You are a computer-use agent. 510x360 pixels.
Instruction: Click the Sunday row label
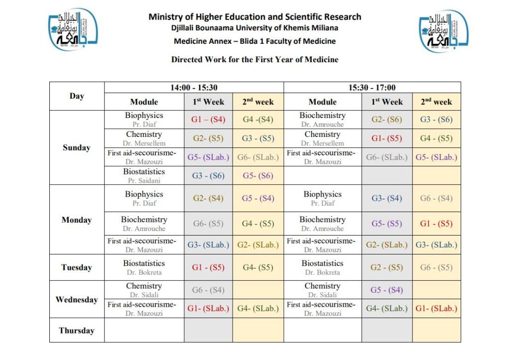click(x=76, y=147)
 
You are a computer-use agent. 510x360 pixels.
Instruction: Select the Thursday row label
click(x=76, y=330)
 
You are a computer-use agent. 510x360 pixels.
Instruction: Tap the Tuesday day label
click(x=76, y=267)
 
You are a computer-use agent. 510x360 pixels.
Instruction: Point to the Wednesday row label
click(x=76, y=299)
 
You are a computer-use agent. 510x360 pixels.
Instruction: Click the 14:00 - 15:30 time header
click(x=193, y=88)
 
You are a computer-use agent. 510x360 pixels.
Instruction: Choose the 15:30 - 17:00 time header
click(x=372, y=88)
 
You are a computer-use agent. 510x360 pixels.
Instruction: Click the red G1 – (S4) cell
click(x=208, y=120)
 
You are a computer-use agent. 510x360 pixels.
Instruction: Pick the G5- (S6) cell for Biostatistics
click(x=257, y=175)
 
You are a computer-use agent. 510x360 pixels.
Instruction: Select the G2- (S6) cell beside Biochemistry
click(x=386, y=120)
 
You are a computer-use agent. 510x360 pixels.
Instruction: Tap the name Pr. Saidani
click(x=144, y=180)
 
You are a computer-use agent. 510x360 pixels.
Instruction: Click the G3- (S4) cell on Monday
click(x=386, y=198)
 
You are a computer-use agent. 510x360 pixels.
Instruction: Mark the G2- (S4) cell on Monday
click(x=208, y=198)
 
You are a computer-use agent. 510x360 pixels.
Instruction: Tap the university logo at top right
click(x=443, y=31)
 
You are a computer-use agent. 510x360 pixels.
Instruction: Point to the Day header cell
click(x=76, y=96)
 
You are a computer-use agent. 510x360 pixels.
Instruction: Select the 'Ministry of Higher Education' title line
click(x=255, y=16)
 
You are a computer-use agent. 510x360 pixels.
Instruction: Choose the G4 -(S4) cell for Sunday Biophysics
click(x=257, y=120)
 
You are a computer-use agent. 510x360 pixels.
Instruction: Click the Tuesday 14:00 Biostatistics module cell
click(x=144, y=267)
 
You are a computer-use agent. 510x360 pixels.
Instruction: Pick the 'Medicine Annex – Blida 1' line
click(x=255, y=41)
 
